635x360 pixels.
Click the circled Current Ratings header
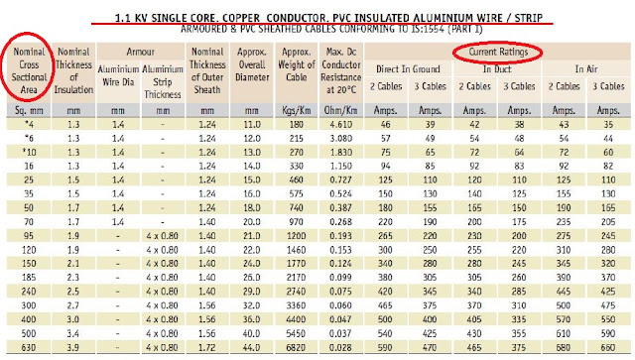(493, 51)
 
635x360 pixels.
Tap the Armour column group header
(143, 50)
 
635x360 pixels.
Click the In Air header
(584, 68)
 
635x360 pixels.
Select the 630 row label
(27, 350)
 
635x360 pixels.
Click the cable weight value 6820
(297, 350)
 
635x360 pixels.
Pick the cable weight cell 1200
(297, 239)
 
